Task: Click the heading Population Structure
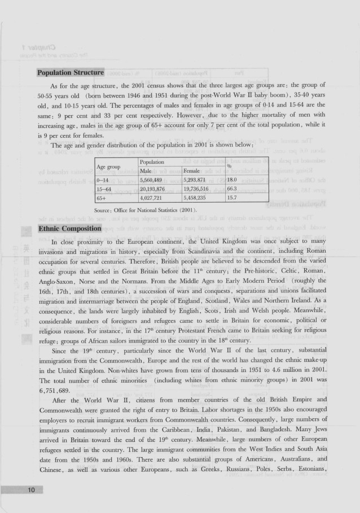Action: pos(71,73)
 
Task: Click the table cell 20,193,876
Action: pos(156,188)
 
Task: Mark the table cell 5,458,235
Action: pos(198,198)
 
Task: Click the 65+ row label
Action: pos(103,198)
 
